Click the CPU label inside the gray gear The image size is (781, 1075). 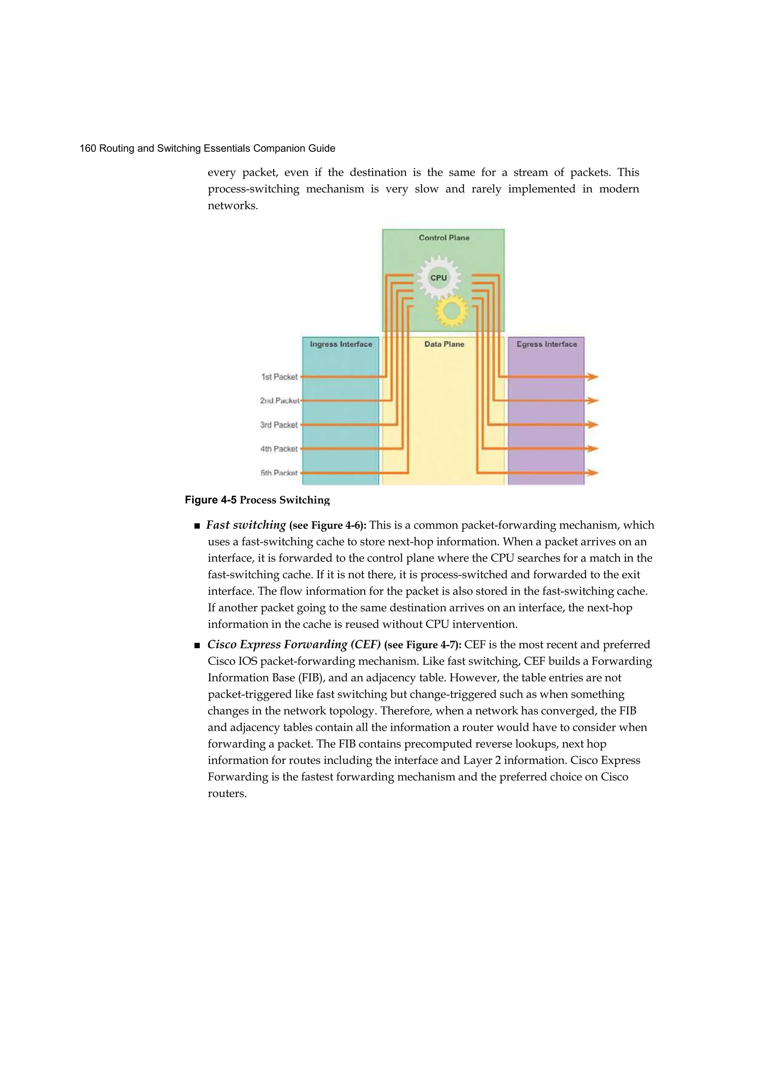439,278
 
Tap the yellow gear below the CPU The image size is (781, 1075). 451,311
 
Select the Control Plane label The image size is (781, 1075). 444,237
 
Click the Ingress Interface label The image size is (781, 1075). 341,344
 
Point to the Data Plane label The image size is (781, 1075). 444,344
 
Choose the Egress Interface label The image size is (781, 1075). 546,344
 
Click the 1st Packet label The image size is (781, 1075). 279,377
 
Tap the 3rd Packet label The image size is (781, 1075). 279,425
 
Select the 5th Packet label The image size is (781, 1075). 279,473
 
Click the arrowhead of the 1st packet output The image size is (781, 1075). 592,377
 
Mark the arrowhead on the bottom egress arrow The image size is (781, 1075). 592,473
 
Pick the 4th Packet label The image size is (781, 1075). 279,448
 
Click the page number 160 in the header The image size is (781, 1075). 88,148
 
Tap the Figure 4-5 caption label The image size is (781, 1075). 211,500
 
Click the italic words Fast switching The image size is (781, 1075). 246,525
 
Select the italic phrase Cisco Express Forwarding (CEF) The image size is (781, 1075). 294,644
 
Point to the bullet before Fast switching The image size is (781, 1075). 197,526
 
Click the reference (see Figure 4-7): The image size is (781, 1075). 423,645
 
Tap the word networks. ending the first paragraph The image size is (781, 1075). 233,206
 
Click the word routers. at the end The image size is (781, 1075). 227,793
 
